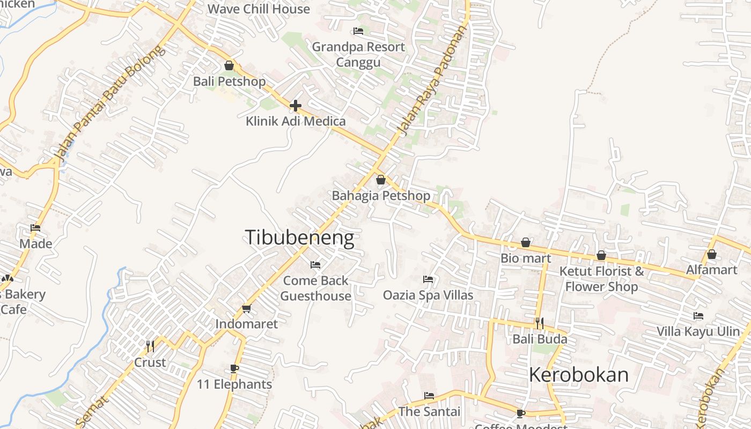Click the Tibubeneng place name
click(299, 238)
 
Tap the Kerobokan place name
click(578, 374)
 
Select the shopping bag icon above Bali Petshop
click(229, 65)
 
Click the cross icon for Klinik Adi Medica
click(295, 106)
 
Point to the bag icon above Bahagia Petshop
click(381, 180)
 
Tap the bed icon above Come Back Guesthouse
click(315, 265)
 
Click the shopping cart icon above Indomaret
click(246, 308)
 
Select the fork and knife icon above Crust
click(150, 346)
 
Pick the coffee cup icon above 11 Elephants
click(234, 368)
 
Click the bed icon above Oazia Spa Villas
click(428, 279)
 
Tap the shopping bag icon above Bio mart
click(526, 243)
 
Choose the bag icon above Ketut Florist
click(601, 256)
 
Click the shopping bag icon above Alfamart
click(712, 254)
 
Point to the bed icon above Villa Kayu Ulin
click(698, 316)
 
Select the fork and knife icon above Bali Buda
click(540, 323)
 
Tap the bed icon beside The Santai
click(429, 396)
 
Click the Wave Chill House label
click(259, 9)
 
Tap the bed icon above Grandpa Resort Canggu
click(358, 31)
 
